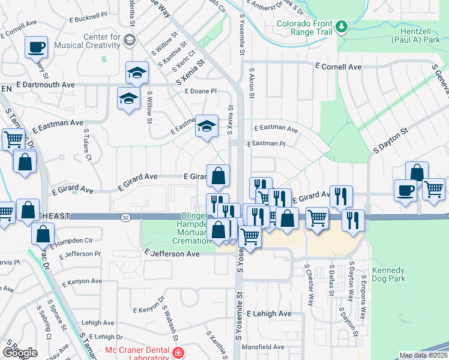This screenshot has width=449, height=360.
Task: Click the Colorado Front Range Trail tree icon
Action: tap(342, 26)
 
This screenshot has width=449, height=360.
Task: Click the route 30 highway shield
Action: tap(125, 217)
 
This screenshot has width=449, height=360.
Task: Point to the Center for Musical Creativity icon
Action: tap(130, 40)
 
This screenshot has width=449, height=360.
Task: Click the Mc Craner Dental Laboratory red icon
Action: tap(176, 353)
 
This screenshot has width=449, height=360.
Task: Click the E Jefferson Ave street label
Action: tap(172, 254)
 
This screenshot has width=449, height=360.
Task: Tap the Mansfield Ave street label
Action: tap(262, 347)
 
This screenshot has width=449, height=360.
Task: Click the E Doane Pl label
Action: tap(200, 91)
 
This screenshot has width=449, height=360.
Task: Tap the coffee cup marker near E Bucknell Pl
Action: tap(36, 46)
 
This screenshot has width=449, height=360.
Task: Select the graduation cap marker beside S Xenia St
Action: tap(206, 126)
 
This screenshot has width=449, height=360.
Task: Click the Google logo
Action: tap(20, 353)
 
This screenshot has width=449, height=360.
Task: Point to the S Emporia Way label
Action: tap(364, 290)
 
